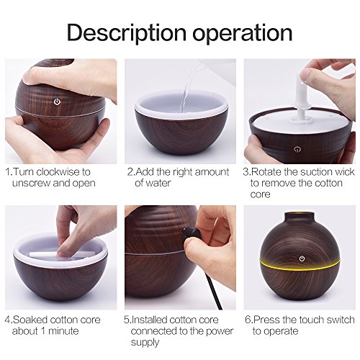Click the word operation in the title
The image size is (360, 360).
tap(243, 34)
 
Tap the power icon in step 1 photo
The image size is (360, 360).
tap(57, 102)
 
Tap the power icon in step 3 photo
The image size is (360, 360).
tap(297, 149)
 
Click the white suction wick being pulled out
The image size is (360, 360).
tap(302, 99)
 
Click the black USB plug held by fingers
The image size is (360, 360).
tap(190, 233)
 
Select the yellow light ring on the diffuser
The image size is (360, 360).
tap(300, 266)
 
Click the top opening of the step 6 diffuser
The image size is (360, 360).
tap(300, 214)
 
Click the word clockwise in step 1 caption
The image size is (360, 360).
tap(59, 172)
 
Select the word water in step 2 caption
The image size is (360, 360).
tap(158, 183)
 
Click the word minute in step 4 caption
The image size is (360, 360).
tap(63, 331)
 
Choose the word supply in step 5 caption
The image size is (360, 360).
tap(145, 343)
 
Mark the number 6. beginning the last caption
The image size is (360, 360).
tap(248, 320)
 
